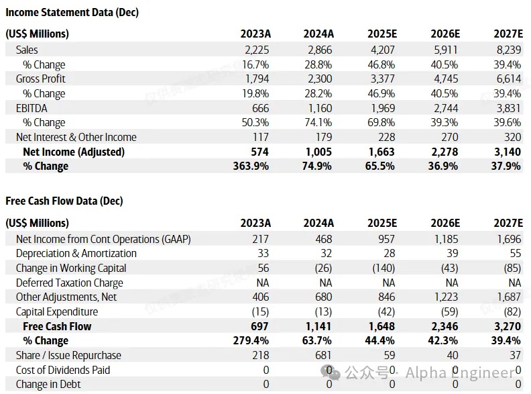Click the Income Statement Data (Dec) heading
pyautogui.click(x=72, y=12)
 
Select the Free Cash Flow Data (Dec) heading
pyautogui.click(x=64, y=201)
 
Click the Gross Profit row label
pyautogui.click(x=41, y=79)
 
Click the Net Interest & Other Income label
pyautogui.click(x=76, y=137)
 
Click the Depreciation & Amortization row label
pyautogui.click(x=76, y=253)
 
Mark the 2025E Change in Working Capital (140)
pyautogui.click(x=382, y=268)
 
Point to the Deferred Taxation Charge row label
pyautogui.click(x=70, y=283)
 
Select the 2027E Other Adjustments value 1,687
pyautogui.click(x=508, y=297)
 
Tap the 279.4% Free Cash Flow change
pyautogui.click(x=251, y=341)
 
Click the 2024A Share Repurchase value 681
pyautogui.click(x=322, y=355)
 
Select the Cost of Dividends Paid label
pyautogui.click(x=63, y=370)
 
